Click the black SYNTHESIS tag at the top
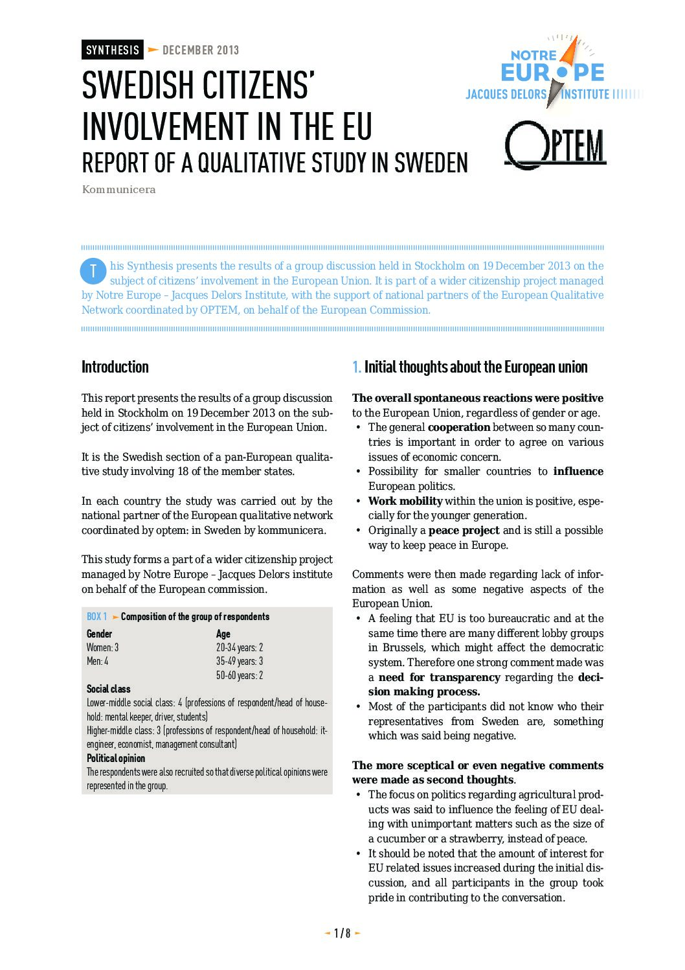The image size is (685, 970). point(113,50)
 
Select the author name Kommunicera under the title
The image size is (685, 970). point(118,190)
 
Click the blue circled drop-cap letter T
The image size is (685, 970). point(93,271)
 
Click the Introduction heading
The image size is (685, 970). point(115,367)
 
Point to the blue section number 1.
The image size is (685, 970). point(356,367)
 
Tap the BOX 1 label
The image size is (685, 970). point(97,617)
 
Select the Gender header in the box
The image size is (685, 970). point(99,634)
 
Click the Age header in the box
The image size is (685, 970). point(223,634)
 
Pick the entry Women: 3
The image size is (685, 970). point(103,647)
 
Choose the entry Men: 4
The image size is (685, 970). point(98,661)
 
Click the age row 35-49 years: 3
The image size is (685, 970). point(240,661)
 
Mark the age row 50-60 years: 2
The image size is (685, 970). point(240,675)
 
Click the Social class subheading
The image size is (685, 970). point(109,689)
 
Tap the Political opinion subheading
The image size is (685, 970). point(116,758)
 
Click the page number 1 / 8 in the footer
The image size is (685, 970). point(342,933)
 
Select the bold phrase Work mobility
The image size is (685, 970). point(405,501)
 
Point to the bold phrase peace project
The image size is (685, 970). point(464,530)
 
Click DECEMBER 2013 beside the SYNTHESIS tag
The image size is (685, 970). point(201,50)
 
